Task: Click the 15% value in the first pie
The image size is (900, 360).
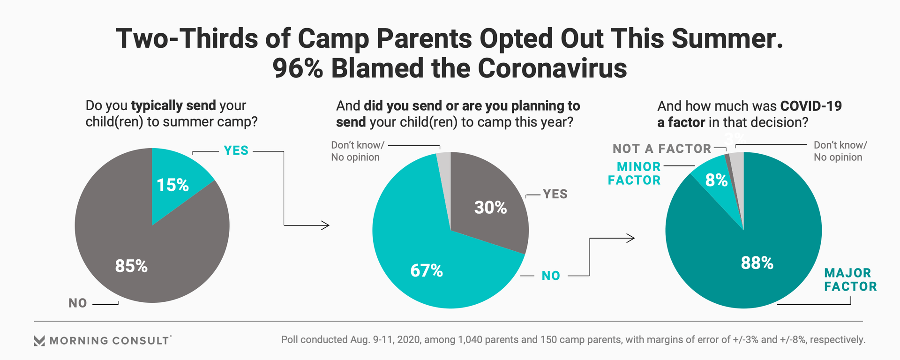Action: (x=172, y=185)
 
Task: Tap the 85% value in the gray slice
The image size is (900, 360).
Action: (x=131, y=266)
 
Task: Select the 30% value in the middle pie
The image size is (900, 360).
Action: (x=490, y=208)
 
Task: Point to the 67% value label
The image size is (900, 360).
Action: (x=427, y=270)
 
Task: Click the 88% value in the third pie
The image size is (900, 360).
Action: (x=757, y=263)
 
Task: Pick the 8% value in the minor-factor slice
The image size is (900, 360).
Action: (x=716, y=180)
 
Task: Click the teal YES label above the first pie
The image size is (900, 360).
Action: (x=236, y=150)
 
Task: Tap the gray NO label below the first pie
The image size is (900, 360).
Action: (x=78, y=303)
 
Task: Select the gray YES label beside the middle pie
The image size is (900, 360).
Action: (x=555, y=194)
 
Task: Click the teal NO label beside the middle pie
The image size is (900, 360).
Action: (x=551, y=276)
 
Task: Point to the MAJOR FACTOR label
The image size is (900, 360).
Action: (x=850, y=280)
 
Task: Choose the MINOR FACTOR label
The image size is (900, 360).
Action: (x=635, y=173)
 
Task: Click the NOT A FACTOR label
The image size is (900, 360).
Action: (x=662, y=149)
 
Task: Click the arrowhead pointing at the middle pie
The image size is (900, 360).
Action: (x=325, y=225)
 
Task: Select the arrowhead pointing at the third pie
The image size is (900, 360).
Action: (x=630, y=238)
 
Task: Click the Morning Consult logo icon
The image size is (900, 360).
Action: (x=39, y=341)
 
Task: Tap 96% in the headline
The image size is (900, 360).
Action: (x=298, y=68)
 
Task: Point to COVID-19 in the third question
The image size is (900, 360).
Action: (x=811, y=106)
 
